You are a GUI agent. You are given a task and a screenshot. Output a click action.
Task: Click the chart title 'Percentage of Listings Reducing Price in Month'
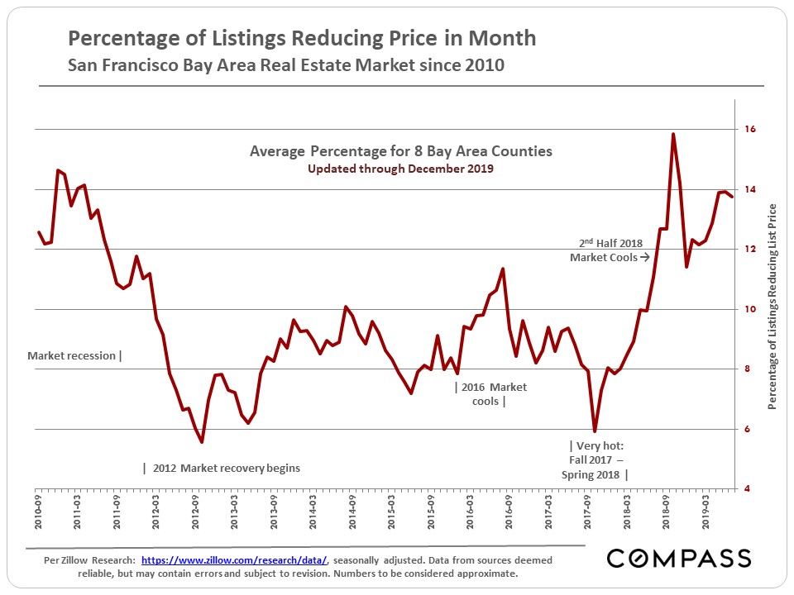[301, 38]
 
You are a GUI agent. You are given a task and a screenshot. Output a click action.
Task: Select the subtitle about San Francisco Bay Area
[285, 65]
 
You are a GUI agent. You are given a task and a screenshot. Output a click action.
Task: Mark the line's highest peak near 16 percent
[673, 134]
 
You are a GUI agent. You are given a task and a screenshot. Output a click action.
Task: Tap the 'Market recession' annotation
[74, 356]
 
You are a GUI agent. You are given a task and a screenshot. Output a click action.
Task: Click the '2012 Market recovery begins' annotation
[221, 468]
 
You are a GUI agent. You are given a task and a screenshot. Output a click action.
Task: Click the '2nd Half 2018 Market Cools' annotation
[610, 250]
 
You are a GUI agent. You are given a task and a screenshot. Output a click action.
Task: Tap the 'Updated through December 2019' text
[400, 169]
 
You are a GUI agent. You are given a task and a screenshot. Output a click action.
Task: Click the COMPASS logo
[679, 558]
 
